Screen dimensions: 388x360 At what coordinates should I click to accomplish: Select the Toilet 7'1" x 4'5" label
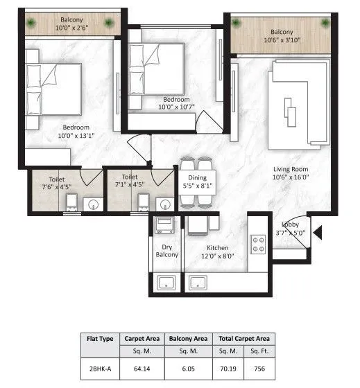(x=130, y=182)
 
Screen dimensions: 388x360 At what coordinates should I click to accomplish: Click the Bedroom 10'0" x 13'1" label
(x=75, y=132)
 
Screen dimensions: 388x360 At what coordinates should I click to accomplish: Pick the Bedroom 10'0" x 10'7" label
(x=173, y=103)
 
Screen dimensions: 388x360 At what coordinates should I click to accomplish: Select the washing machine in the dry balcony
(x=166, y=226)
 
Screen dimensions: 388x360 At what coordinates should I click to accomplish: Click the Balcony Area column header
(x=187, y=339)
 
